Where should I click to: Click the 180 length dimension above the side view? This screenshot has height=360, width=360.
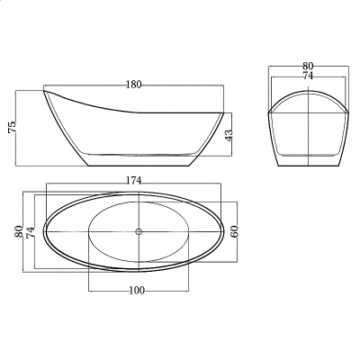[133, 85]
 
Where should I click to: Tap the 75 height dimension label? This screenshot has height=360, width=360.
[13, 127]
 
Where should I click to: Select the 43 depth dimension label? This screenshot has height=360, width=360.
[229, 136]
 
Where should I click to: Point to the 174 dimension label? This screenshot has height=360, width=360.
[133, 180]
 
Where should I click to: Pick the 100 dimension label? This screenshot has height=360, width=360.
[137, 291]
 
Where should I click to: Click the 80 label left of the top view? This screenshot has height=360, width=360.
[19, 231]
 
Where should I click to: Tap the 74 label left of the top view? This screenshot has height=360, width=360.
[31, 232]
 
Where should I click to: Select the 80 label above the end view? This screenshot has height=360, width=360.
[308, 66]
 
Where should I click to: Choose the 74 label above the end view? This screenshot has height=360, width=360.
[308, 76]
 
